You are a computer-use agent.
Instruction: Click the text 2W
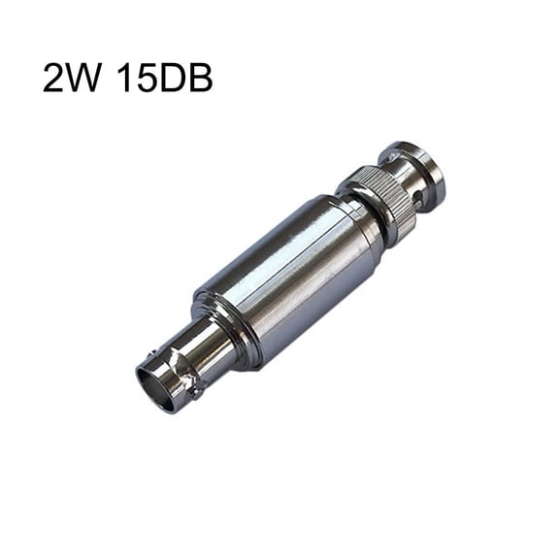pyautogui.click(x=72, y=78)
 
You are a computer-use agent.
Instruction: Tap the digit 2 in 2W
pyautogui.click(x=54, y=78)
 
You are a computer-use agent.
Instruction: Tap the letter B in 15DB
pyautogui.click(x=198, y=78)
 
